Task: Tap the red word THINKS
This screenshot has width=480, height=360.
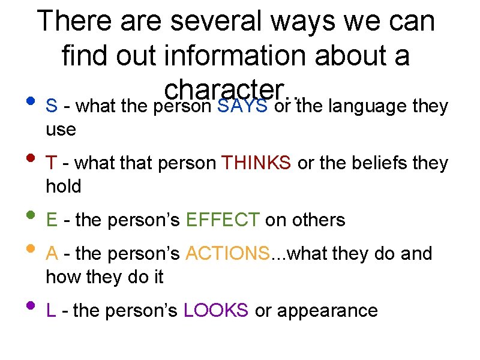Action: tap(257, 163)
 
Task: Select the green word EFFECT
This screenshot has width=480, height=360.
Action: tap(223, 220)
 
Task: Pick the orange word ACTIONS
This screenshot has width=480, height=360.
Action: tap(227, 254)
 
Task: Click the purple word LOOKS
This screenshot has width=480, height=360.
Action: tap(216, 310)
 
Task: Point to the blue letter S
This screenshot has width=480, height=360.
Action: tap(52, 106)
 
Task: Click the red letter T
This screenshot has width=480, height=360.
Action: tap(52, 163)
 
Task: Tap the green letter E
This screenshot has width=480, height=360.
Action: tap(52, 220)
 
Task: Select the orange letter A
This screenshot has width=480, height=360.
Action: tap(52, 254)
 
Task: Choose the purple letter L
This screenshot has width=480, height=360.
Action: tap(51, 310)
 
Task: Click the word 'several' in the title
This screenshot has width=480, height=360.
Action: tap(218, 22)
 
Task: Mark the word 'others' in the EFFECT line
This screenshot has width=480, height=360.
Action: tap(317, 220)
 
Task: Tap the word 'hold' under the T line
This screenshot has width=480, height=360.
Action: tap(63, 187)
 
